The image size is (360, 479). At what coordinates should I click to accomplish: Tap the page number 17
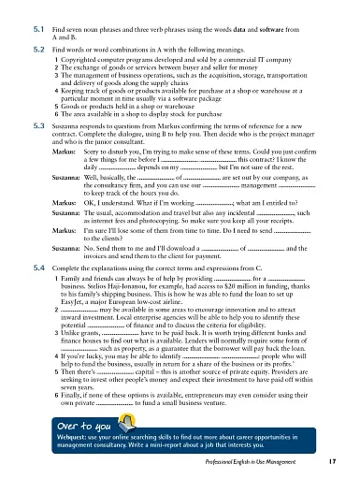(x=345, y=461)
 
